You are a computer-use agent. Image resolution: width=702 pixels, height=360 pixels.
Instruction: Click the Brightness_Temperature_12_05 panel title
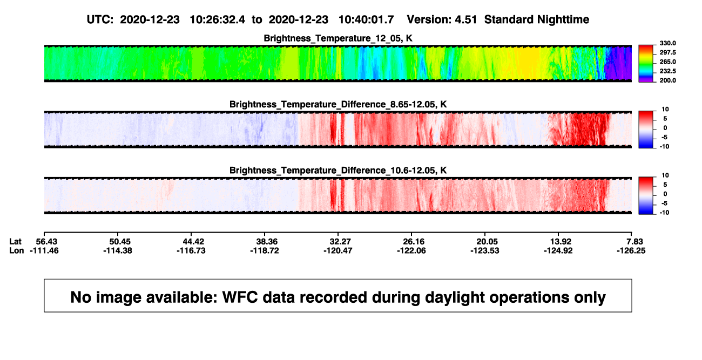click(x=338, y=38)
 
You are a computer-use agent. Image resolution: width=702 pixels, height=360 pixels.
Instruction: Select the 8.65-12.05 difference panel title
click(x=338, y=104)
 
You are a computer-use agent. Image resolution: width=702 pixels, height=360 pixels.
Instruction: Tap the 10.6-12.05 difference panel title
click(x=338, y=171)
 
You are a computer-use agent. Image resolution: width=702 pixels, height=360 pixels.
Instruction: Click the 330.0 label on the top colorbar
click(x=667, y=43)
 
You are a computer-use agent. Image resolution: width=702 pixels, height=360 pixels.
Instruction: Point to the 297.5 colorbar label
click(x=667, y=52)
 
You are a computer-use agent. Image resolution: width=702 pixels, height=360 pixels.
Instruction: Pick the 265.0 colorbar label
click(x=667, y=62)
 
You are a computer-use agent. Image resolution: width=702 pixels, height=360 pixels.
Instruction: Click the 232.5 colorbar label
click(x=667, y=71)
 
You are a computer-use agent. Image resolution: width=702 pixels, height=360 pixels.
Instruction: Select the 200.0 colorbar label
click(x=667, y=80)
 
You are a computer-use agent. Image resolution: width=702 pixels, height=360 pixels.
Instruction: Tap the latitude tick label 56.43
click(x=46, y=242)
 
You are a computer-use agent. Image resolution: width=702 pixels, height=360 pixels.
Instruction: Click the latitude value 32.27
click(x=340, y=242)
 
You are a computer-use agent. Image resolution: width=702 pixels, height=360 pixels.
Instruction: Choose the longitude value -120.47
click(x=338, y=250)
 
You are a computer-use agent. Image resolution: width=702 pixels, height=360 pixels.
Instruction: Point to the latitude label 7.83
click(x=634, y=242)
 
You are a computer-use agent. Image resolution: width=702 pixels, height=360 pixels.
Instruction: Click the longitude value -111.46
click(x=44, y=250)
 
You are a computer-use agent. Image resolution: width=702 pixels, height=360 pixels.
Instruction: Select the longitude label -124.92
click(x=558, y=250)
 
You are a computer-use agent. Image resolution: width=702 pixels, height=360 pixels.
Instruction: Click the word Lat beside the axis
click(x=15, y=242)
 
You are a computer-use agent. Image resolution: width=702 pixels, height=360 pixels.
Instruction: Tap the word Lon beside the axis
click(x=17, y=250)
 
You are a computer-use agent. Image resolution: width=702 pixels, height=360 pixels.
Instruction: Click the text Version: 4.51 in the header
click(x=442, y=19)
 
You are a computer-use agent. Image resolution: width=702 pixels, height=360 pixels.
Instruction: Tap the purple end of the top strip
click(x=618, y=63)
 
